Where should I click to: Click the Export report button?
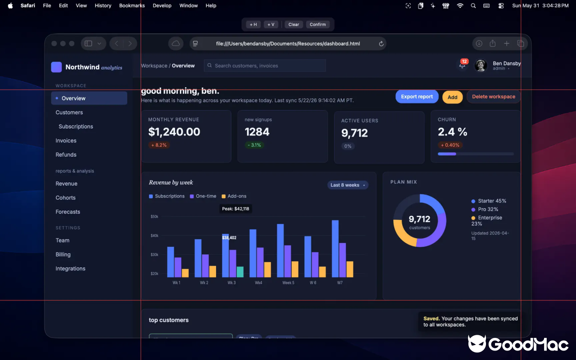click(417, 97)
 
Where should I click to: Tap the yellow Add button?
click(452, 97)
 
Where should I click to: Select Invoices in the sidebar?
click(66, 141)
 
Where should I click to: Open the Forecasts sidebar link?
click(68, 211)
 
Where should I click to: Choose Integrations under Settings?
click(71, 269)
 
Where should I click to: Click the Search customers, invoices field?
click(265, 66)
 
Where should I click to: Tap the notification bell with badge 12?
click(463, 64)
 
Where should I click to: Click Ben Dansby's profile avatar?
click(481, 65)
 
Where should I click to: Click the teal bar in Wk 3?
click(240, 272)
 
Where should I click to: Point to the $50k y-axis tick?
click(154, 216)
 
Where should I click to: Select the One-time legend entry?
click(203, 196)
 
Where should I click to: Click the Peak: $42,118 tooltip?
click(235, 209)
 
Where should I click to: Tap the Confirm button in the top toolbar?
click(318, 24)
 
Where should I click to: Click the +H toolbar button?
click(253, 24)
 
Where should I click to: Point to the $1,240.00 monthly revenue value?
click(174, 132)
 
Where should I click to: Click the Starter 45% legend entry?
click(489, 201)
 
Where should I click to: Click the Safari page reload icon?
click(381, 44)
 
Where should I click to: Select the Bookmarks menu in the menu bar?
click(132, 6)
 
